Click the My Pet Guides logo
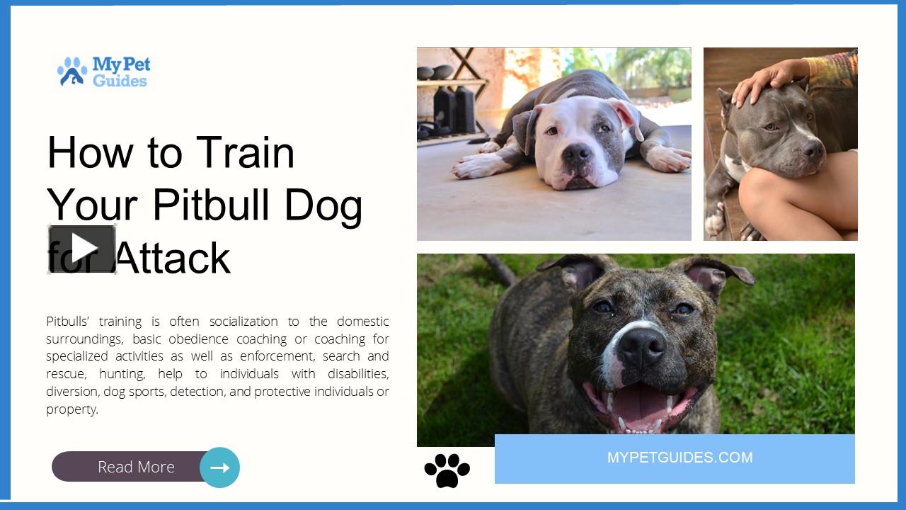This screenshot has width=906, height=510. (104, 72)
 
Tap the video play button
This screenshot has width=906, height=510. (82, 249)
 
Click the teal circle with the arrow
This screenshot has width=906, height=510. (220, 467)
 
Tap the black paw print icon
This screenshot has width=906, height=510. (447, 470)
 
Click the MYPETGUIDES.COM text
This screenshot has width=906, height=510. (679, 458)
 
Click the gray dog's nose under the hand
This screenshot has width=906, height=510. (813, 150)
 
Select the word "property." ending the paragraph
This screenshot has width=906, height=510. (72, 409)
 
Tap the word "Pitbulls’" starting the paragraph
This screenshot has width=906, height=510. (69, 322)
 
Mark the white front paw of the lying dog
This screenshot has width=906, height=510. (473, 166)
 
